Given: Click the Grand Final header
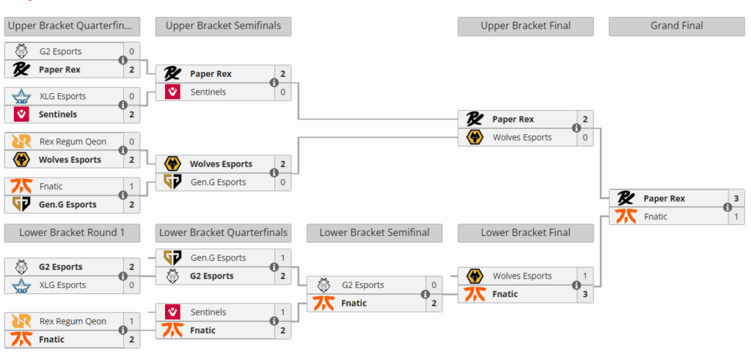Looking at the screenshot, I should (676, 26).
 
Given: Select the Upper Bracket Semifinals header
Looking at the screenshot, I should (223, 26).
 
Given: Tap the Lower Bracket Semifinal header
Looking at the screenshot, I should (374, 232).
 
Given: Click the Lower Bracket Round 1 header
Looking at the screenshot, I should (72, 232).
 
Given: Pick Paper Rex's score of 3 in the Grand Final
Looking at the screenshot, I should (736, 198).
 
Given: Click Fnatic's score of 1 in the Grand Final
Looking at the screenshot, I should (736, 216).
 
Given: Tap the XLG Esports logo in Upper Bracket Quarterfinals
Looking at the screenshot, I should (21, 97).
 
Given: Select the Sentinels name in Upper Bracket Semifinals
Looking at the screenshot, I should (208, 92).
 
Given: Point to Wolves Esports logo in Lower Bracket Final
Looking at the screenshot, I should (475, 276).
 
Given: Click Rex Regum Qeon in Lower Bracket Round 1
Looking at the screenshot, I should (73, 321).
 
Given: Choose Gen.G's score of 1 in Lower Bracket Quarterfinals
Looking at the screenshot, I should (282, 258).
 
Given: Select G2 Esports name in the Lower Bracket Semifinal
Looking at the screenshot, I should (362, 285).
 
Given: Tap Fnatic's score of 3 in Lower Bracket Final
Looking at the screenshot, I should (585, 294).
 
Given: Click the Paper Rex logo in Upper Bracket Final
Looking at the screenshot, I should (475, 120).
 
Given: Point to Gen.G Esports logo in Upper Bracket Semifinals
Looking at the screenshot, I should (172, 182).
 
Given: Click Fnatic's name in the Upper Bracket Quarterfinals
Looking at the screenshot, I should (51, 187).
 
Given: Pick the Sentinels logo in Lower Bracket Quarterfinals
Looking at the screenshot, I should (172, 312).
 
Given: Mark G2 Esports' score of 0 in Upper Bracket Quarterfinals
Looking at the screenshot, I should (131, 52).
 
